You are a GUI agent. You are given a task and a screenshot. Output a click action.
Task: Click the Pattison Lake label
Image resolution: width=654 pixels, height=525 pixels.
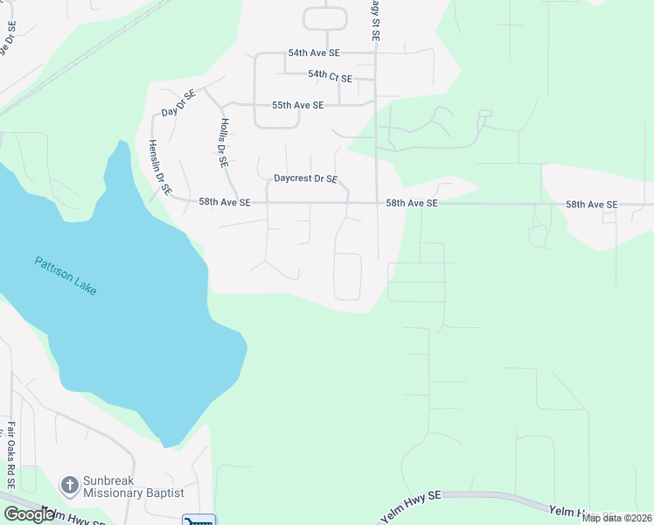click(x=66, y=275)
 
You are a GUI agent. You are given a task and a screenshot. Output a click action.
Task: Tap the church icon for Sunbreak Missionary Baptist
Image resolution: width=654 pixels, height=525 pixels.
click(x=69, y=485)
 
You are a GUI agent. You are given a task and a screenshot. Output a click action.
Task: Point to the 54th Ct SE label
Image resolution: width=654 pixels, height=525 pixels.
click(x=330, y=79)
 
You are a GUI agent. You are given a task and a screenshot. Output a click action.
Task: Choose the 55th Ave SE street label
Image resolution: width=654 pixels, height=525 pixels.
click(x=297, y=105)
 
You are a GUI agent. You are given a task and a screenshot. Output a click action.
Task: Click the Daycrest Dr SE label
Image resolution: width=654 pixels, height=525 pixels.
click(x=305, y=178)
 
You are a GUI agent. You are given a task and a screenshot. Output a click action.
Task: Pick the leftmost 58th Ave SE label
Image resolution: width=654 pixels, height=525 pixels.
click(x=225, y=202)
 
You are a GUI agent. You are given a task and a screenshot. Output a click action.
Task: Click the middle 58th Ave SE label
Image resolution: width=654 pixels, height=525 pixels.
click(x=412, y=203)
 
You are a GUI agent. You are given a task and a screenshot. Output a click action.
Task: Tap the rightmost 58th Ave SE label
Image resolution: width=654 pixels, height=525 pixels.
click(x=591, y=205)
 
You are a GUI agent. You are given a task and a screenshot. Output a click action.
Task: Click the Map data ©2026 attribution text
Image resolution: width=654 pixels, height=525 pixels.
click(x=616, y=518)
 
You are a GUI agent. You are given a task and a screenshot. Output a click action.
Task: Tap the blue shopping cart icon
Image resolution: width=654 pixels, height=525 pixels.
click(x=198, y=519)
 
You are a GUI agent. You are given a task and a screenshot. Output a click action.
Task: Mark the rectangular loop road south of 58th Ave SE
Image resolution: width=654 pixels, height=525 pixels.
click(x=348, y=276)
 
